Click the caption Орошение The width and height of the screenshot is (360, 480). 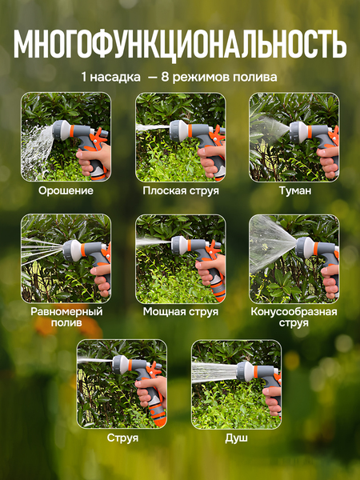coord(66,191)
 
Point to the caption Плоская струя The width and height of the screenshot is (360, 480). coord(180,191)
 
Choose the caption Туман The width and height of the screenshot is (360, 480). coord(294,191)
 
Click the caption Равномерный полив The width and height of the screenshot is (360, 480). coord(66,317)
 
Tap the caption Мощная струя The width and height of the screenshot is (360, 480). coord(180,311)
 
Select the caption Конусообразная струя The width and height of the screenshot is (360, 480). coord(294,317)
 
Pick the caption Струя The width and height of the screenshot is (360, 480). coord(122,438)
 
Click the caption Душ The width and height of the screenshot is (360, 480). coord(236,438)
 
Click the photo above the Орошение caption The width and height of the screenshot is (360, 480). coord(66,137)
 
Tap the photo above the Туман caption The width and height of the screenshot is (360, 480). coord(294,137)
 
